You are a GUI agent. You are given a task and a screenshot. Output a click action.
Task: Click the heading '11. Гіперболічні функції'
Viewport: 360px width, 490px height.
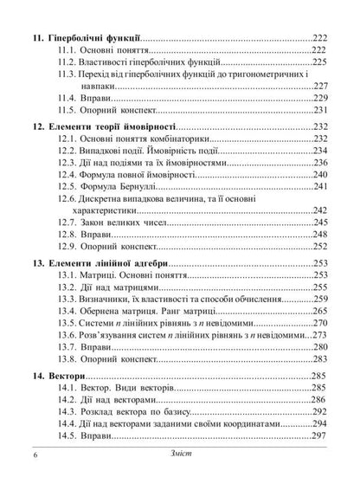pos(83,39)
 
